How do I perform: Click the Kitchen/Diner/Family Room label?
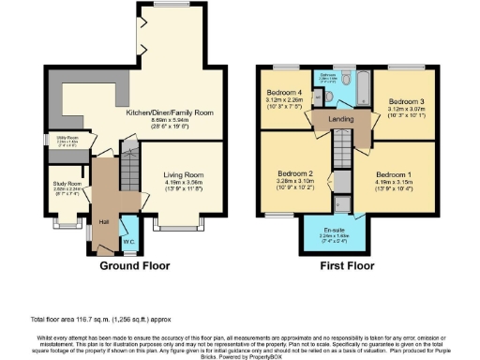tap(176, 112)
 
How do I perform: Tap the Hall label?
tap(104, 221)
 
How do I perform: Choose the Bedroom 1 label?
tap(394, 174)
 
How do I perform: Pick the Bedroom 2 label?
tap(294, 173)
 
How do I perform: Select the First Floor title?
tap(343, 265)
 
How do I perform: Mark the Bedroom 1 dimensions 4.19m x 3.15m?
tap(394, 182)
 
